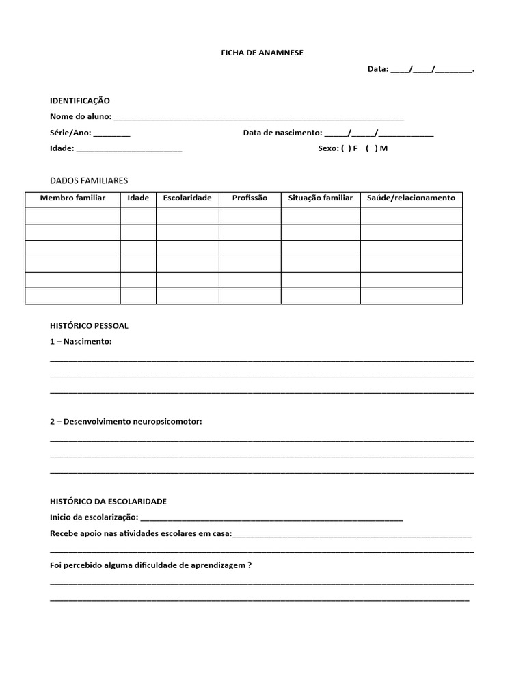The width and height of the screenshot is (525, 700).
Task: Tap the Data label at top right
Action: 377,69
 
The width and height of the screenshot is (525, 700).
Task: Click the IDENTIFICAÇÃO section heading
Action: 79,100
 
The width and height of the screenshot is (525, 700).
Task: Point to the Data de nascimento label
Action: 282,133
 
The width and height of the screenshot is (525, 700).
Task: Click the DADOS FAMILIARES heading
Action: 89,180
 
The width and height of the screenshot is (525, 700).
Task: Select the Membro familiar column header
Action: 72,198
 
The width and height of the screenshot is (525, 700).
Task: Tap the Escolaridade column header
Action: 187,198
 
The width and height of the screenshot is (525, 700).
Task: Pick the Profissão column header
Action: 250,198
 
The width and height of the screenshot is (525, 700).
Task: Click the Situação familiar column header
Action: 321,198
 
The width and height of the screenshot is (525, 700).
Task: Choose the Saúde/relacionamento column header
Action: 411,198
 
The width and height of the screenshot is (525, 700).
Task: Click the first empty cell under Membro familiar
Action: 72,216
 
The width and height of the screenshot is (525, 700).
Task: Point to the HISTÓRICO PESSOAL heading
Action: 89,326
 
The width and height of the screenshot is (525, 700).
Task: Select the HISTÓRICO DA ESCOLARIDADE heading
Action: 108,502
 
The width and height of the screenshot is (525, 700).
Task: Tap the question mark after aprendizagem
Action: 250,565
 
